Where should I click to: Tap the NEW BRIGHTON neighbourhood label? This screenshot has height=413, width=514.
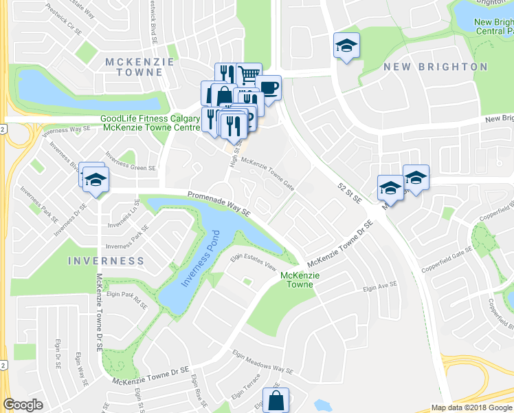pyautogui.click(x=435, y=67)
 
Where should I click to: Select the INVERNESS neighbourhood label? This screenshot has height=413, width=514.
pyautogui.click(x=106, y=262)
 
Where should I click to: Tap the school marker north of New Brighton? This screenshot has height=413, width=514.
pyautogui.click(x=346, y=46)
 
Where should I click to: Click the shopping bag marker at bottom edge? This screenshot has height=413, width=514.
pyautogui.click(x=276, y=400)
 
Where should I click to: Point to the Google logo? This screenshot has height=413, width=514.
pyautogui.click(x=23, y=405)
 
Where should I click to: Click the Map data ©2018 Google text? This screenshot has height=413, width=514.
pyautogui.click(x=471, y=407)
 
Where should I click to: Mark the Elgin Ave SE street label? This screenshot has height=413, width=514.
pyautogui.click(x=381, y=286)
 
